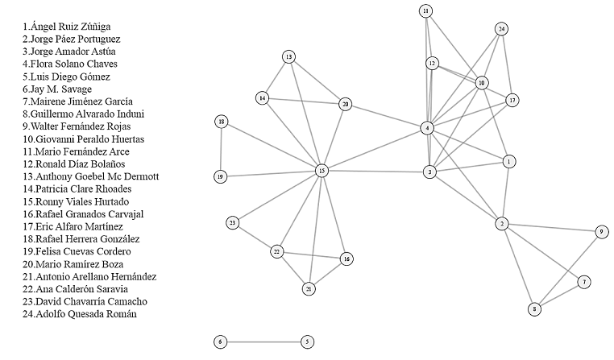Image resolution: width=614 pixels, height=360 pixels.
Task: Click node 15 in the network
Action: point(322,170)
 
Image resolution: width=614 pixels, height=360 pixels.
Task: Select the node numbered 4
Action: point(428,128)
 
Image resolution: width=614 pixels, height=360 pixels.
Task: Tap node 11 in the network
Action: point(425,10)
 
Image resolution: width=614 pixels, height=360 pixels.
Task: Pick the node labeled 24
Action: point(502,29)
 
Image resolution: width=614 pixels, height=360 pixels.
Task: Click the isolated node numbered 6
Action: point(221,341)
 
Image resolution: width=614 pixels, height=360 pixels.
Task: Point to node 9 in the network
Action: point(601,232)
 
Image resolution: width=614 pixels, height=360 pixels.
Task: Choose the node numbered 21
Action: point(309,288)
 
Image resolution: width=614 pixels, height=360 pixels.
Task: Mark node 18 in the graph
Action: point(222,122)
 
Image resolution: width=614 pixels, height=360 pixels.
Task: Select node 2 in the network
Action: point(502,223)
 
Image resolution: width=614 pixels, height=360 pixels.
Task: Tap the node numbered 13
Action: point(288,56)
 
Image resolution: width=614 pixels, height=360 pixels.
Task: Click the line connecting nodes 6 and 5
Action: point(263,341)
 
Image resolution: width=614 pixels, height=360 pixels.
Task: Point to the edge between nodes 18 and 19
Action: point(221,149)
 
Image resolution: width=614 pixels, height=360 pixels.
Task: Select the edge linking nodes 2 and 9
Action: point(551,227)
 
